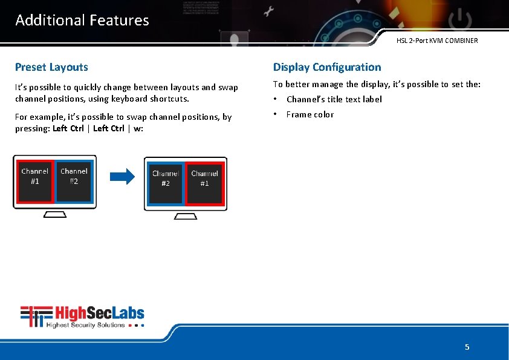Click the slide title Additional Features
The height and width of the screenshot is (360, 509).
82,20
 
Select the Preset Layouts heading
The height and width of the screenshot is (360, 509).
51,67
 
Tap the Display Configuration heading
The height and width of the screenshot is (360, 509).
327,67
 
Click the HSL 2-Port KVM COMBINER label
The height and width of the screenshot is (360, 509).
437,41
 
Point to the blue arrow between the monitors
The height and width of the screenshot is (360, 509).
122,177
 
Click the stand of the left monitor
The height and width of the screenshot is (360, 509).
54,216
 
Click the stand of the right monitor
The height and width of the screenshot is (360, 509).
186,218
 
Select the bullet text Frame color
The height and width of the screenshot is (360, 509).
310,114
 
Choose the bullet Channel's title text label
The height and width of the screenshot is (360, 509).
334,99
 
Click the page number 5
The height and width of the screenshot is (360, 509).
467,347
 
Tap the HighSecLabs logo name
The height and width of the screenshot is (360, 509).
100,313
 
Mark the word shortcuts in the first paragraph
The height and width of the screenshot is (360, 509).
172,99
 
